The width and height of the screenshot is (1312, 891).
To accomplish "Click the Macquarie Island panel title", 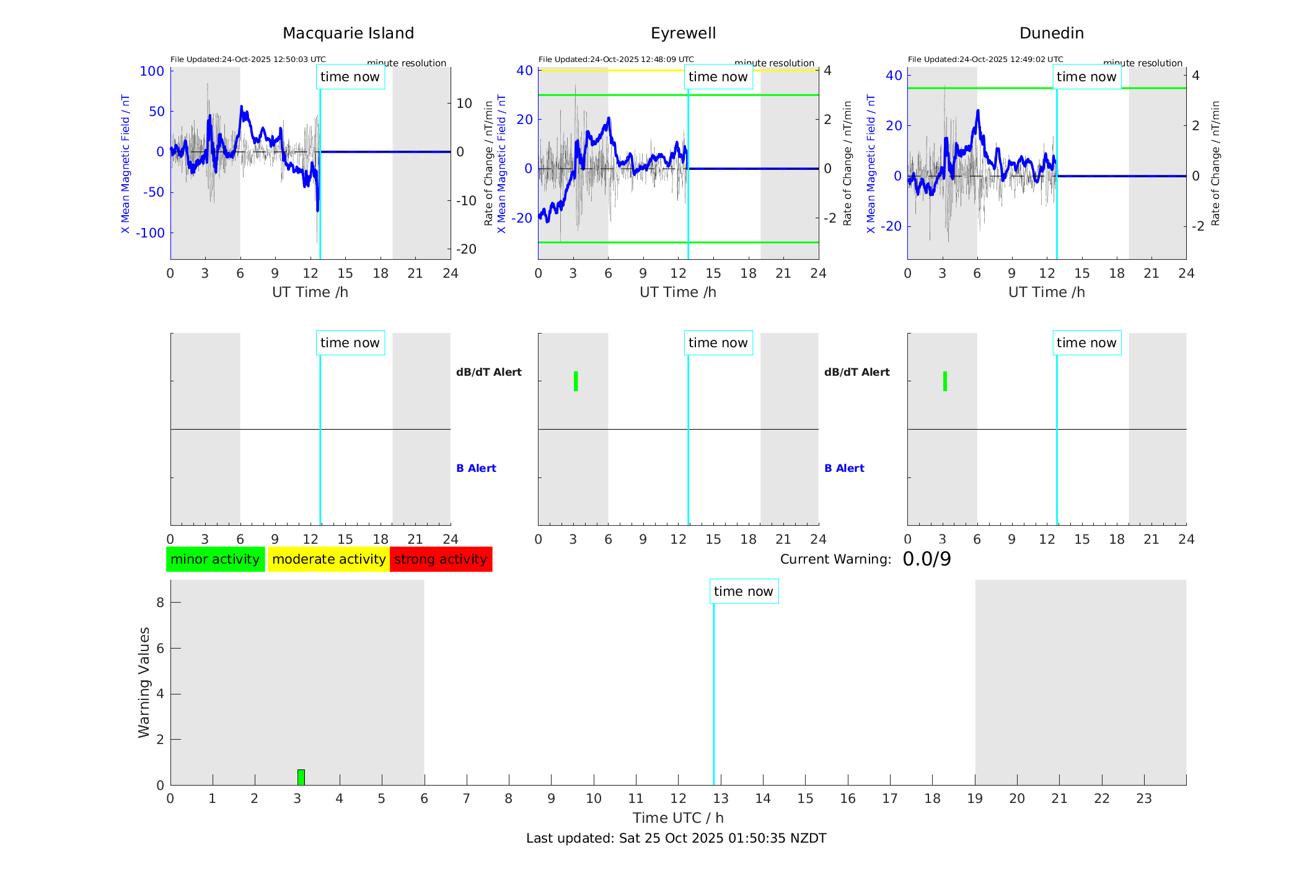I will pyautogui.click(x=348, y=33).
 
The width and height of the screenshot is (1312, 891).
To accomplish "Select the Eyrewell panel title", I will pyautogui.click(x=683, y=33).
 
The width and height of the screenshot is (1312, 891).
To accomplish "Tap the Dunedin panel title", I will pyautogui.click(x=1051, y=33).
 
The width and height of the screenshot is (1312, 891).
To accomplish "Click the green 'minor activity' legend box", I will pyautogui.click(x=215, y=559).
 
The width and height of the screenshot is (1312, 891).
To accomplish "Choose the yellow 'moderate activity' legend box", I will pyautogui.click(x=328, y=559).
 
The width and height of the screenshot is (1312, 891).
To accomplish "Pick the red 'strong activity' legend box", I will pyautogui.click(x=441, y=559).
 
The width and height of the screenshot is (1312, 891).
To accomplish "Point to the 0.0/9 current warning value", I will pyautogui.click(x=927, y=559).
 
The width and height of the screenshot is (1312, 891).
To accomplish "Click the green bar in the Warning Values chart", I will pyautogui.click(x=301, y=777).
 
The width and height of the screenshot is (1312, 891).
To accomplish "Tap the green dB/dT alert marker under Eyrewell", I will pyautogui.click(x=576, y=381).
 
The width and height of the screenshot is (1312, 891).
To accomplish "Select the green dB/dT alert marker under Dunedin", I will pyautogui.click(x=944, y=381).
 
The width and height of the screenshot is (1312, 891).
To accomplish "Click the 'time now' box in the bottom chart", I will pyautogui.click(x=744, y=592).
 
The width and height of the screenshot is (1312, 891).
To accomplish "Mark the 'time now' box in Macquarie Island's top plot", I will pyautogui.click(x=350, y=77).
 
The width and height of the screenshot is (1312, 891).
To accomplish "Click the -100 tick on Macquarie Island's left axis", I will pyautogui.click(x=151, y=233).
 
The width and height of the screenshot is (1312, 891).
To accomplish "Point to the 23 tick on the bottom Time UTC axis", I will pyautogui.click(x=1144, y=799).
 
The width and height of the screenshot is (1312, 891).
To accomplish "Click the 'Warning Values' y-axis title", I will pyautogui.click(x=144, y=682).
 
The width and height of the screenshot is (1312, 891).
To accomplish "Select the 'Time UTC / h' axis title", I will pyautogui.click(x=678, y=818).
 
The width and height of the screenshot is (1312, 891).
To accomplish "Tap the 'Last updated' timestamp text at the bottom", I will pyautogui.click(x=676, y=838).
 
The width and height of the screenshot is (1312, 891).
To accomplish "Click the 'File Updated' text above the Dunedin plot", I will pyautogui.click(x=985, y=60).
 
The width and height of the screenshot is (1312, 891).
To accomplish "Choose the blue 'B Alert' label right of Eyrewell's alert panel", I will pyautogui.click(x=844, y=468).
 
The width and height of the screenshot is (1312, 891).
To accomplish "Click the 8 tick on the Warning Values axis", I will pyautogui.click(x=160, y=603).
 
